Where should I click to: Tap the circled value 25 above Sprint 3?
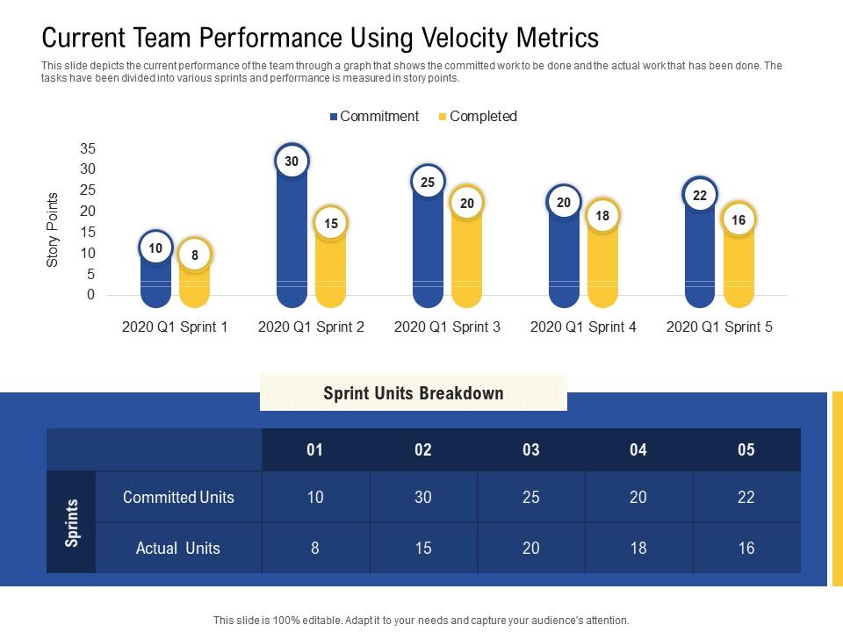(x=428, y=183)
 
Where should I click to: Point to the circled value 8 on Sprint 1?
(x=194, y=255)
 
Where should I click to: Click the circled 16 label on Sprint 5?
(x=739, y=220)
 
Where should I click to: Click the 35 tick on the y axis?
(x=87, y=148)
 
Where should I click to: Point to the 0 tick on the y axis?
(x=90, y=296)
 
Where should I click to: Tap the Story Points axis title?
(x=53, y=229)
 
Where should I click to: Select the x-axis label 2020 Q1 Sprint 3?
(x=447, y=327)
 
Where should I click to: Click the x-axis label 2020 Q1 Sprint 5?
(x=719, y=327)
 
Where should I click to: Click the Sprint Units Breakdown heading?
(x=414, y=392)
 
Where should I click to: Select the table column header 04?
(x=638, y=450)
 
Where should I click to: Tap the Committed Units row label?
(x=178, y=497)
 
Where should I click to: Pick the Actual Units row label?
(x=178, y=549)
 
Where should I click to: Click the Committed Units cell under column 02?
(x=423, y=497)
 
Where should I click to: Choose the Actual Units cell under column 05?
(x=746, y=549)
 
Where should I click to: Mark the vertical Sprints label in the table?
(x=72, y=522)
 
